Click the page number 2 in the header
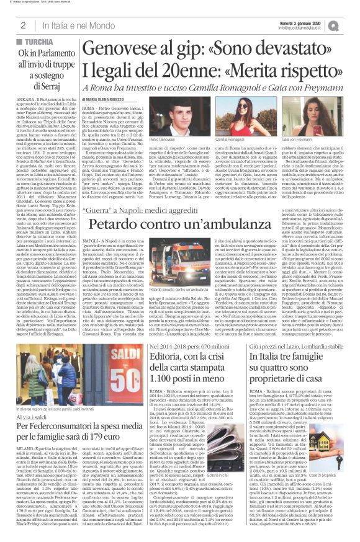(22, 25)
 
